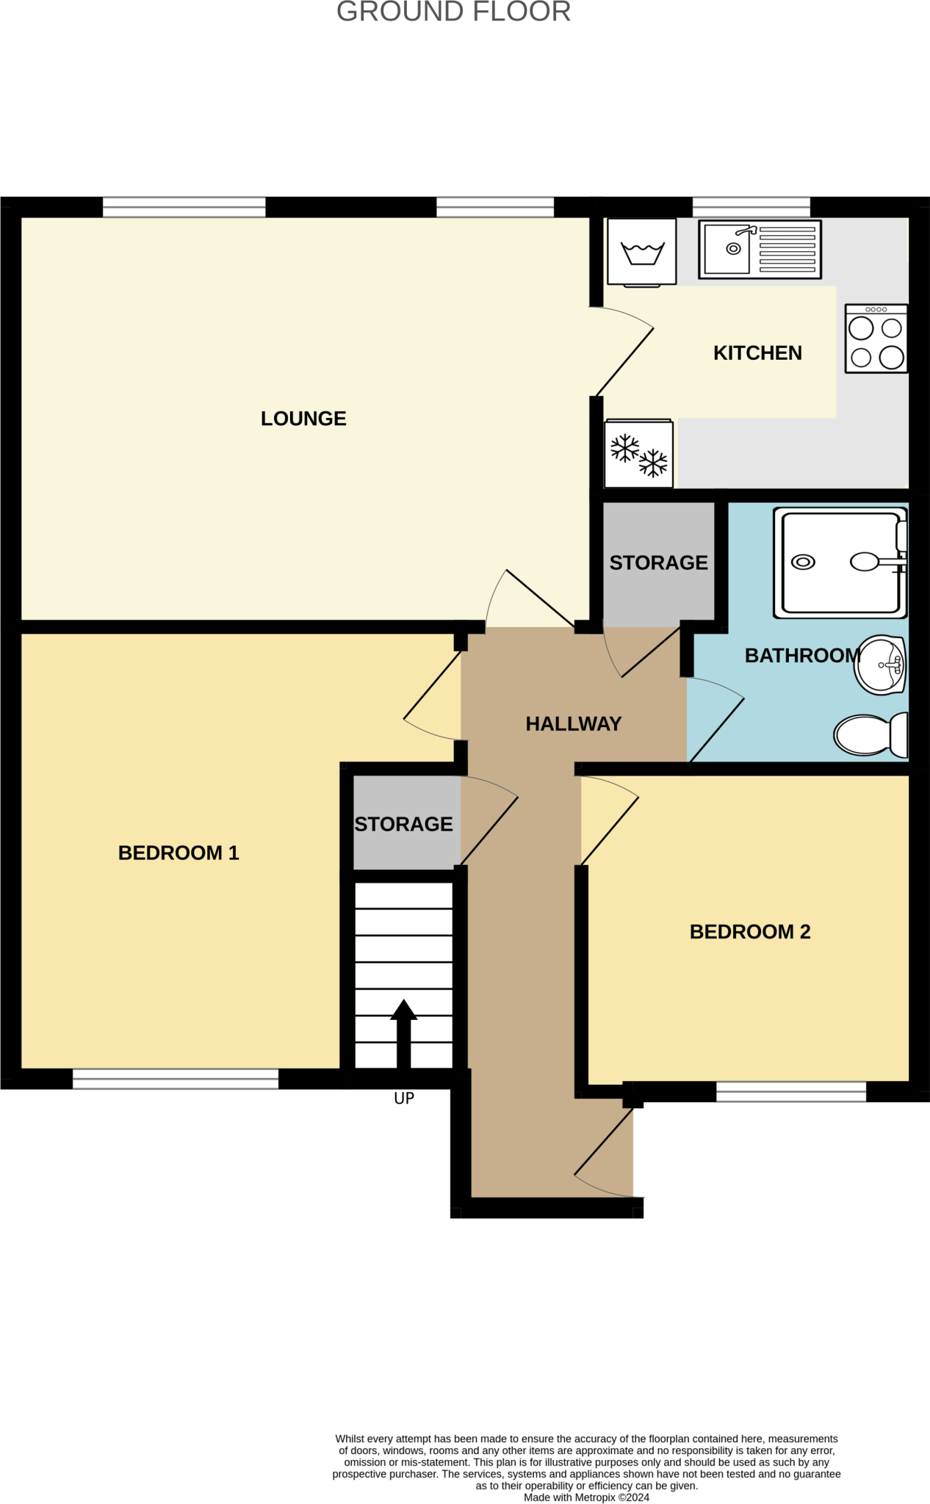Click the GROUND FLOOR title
(453, 12)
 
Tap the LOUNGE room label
(303, 419)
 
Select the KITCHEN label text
(757, 353)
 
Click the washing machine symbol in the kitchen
(642, 252)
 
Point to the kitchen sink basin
(727, 249)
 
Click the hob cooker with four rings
(876, 339)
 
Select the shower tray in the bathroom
(840, 563)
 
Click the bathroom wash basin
(881, 665)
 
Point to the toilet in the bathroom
(870, 734)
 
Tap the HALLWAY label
(574, 724)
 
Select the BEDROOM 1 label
(179, 853)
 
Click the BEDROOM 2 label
(750, 932)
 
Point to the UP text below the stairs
(404, 1098)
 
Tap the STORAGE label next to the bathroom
(658, 563)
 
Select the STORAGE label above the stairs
(403, 824)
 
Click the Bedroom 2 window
(791, 1091)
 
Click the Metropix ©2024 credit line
(586, 1497)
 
